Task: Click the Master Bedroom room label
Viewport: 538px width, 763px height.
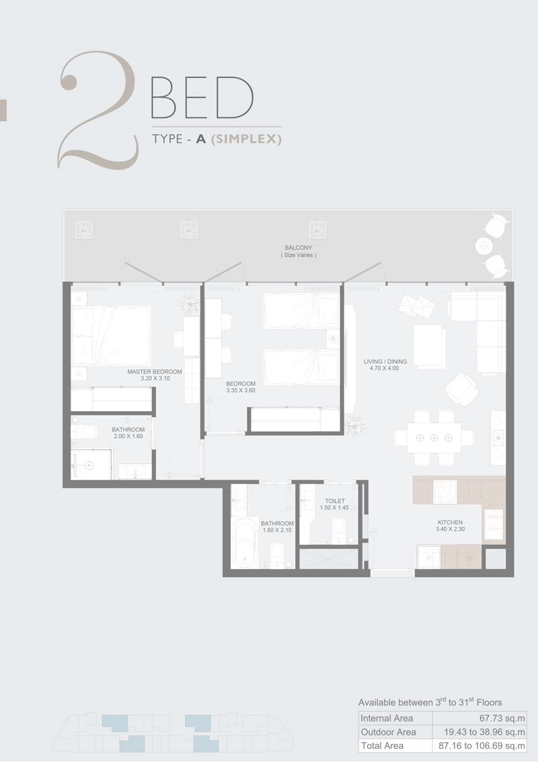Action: point(155,372)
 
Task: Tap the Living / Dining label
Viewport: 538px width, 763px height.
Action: point(385,361)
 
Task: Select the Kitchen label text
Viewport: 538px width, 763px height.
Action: point(450,523)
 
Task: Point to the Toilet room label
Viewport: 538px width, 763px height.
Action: point(335,501)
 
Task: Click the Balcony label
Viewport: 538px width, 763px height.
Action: point(298,248)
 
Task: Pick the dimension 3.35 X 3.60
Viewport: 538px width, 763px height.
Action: point(240,390)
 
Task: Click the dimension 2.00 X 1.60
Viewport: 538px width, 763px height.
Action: point(128,437)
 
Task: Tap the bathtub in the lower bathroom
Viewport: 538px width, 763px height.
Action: point(244,542)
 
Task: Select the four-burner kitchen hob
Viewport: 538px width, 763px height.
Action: point(445,492)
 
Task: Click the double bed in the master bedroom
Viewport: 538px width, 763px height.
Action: point(111,336)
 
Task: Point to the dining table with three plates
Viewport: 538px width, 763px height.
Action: point(434,438)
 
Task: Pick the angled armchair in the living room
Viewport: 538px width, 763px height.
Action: point(461,390)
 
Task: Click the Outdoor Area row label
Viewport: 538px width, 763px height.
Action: point(388,732)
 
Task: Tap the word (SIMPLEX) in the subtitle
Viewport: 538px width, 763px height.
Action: point(246,139)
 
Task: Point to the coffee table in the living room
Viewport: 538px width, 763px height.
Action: point(430,346)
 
